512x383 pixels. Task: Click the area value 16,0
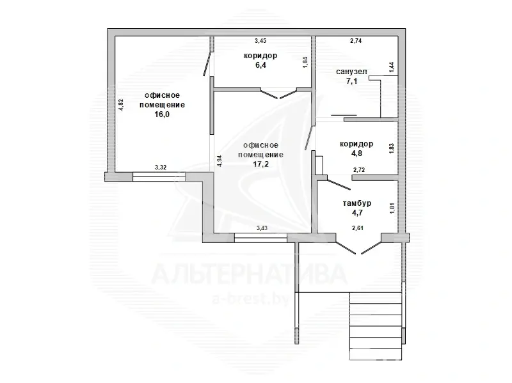coord(162,114)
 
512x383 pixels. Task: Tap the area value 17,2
coord(261,164)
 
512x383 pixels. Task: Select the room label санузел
coord(351,72)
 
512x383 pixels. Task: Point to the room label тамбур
coord(357,203)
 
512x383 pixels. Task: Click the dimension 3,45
coord(260,41)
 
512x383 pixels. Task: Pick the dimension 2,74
coord(356,41)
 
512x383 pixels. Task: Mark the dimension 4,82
coord(121,105)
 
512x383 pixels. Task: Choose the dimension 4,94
coord(220,161)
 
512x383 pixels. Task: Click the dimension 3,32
coord(161,168)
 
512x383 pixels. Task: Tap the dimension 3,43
coord(262,228)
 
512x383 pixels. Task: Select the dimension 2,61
coord(358,228)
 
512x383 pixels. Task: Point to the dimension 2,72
coord(359,170)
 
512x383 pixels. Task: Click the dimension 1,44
coord(392,66)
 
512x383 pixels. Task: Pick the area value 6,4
coord(260,65)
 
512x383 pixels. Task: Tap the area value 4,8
coord(356,153)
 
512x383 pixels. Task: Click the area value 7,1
coord(351,81)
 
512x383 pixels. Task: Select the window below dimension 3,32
coord(159,176)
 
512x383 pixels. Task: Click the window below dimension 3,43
coord(260,238)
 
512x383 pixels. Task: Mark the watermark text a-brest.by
coord(251,299)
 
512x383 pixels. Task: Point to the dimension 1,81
coord(392,208)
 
